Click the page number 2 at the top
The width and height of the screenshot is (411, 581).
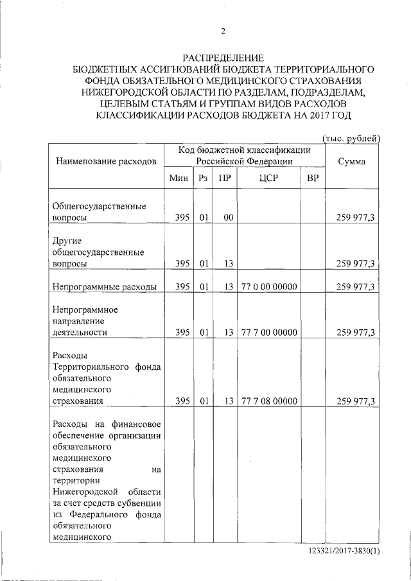tap(223, 31)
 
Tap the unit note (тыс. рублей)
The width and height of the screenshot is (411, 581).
tap(351, 137)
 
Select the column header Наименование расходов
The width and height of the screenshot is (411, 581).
tap(105, 161)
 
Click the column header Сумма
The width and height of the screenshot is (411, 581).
tap(352, 161)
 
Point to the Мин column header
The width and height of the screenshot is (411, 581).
tap(179, 177)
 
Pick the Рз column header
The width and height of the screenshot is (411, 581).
tap(204, 177)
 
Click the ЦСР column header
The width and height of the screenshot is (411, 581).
tap(268, 177)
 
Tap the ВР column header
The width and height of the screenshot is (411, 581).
tap(313, 177)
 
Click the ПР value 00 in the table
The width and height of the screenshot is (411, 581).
tap(227, 218)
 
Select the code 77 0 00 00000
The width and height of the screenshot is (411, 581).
tap(269, 286)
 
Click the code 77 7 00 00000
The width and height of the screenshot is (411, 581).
tap(269, 333)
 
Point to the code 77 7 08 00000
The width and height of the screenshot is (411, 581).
tap(269, 401)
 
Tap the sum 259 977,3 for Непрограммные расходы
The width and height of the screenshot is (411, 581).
tap(355, 286)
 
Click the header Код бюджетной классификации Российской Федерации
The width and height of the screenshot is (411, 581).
tap(244, 155)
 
